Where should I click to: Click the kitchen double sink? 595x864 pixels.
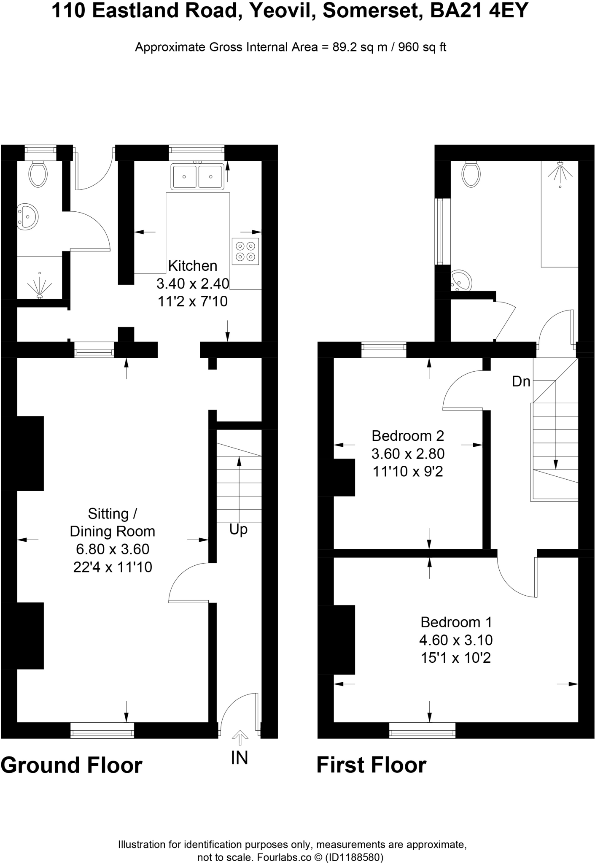197,176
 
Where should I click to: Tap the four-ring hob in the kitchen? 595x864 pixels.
245,251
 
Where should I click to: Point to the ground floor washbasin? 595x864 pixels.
28,217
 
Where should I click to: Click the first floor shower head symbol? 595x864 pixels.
560,170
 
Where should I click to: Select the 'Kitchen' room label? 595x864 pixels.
193,266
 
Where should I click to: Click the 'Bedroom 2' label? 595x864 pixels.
408,435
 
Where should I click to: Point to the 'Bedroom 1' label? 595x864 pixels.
456,622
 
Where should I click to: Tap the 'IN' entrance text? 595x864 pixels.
240,758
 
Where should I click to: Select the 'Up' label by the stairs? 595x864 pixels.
238,529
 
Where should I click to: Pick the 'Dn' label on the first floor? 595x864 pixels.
521,381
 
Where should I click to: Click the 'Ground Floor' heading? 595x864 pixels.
72,765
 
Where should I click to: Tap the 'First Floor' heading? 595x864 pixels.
371,765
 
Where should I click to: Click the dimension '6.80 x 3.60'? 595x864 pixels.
113,549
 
